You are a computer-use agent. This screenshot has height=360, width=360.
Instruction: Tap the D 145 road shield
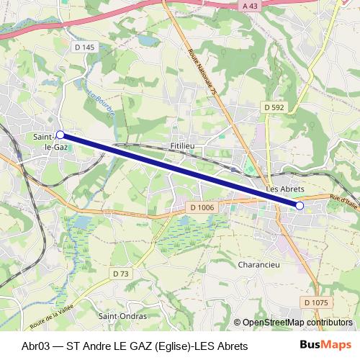click(84, 48)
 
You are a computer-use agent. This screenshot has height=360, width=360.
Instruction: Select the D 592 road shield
click(274, 107)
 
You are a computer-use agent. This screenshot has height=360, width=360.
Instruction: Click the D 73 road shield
click(120, 274)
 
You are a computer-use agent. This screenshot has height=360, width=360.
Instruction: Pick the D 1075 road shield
click(315, 302)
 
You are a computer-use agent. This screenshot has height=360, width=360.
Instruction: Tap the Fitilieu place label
click(184, 145)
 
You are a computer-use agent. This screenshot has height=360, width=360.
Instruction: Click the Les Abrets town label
click(282, 189)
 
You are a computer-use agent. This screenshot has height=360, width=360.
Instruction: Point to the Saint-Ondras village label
click(122, 315)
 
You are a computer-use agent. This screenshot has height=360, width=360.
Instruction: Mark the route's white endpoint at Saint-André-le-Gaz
click(60, 135)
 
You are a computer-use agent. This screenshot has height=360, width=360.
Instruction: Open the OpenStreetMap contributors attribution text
click(297, 323)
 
